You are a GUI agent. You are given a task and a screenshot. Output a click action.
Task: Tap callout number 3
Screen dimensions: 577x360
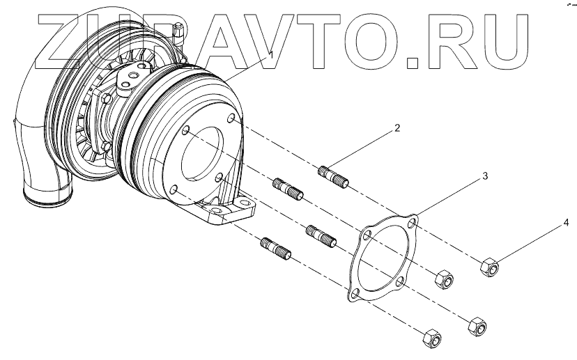(x=484, y=177)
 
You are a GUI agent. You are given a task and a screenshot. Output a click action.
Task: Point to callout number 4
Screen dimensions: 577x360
(x=566, y=223)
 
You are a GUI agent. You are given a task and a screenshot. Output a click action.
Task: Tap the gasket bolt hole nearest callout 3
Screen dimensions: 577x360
(x=414, y=223)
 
